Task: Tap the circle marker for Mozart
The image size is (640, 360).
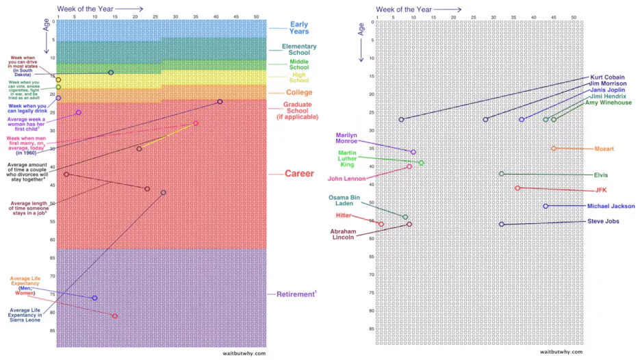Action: point(554,149)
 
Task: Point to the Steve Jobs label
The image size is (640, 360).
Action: point(604,221)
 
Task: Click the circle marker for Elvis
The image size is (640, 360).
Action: point(501,174)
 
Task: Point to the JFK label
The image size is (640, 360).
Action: point(600,190)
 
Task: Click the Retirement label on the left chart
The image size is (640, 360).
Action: point(296,294)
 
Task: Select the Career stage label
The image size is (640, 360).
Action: point(299,174)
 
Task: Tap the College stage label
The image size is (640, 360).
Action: point(299,92)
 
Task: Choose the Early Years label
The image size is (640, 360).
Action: point(299,28)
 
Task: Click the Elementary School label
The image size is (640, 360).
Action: point(299,49)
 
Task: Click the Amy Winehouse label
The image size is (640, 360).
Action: point(609,103)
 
